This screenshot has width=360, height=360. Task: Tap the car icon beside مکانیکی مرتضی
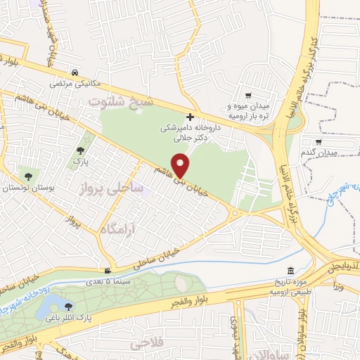pos(74,72)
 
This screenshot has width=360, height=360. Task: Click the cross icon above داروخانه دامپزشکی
pos(190,117)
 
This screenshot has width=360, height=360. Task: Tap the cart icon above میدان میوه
pos(247,96)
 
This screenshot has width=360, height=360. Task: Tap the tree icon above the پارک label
pos(82,149)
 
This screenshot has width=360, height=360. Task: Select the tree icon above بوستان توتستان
pos(28,176)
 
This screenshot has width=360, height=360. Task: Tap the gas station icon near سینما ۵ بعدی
pos(107,271)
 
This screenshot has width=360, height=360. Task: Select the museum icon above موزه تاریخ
pos(290,271)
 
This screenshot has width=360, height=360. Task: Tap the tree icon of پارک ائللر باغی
pos(67,306)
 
